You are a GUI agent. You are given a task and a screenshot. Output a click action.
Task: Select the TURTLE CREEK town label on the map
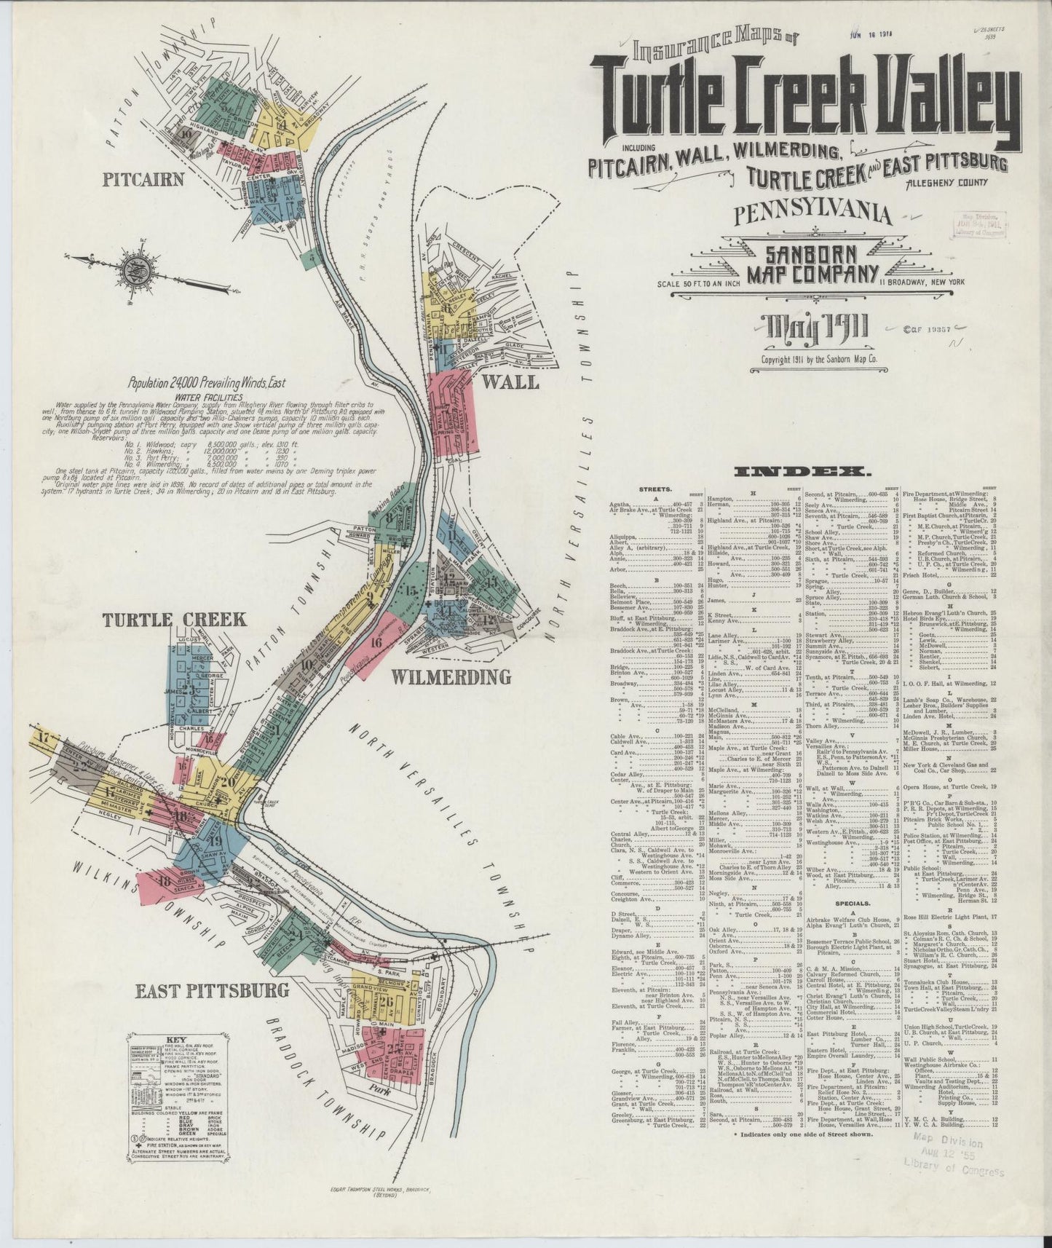tap(174, 620)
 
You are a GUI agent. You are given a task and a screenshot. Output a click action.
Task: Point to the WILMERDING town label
tap(451, 676)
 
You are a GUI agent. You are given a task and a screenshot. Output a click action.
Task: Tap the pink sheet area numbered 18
tap(163, 882)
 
